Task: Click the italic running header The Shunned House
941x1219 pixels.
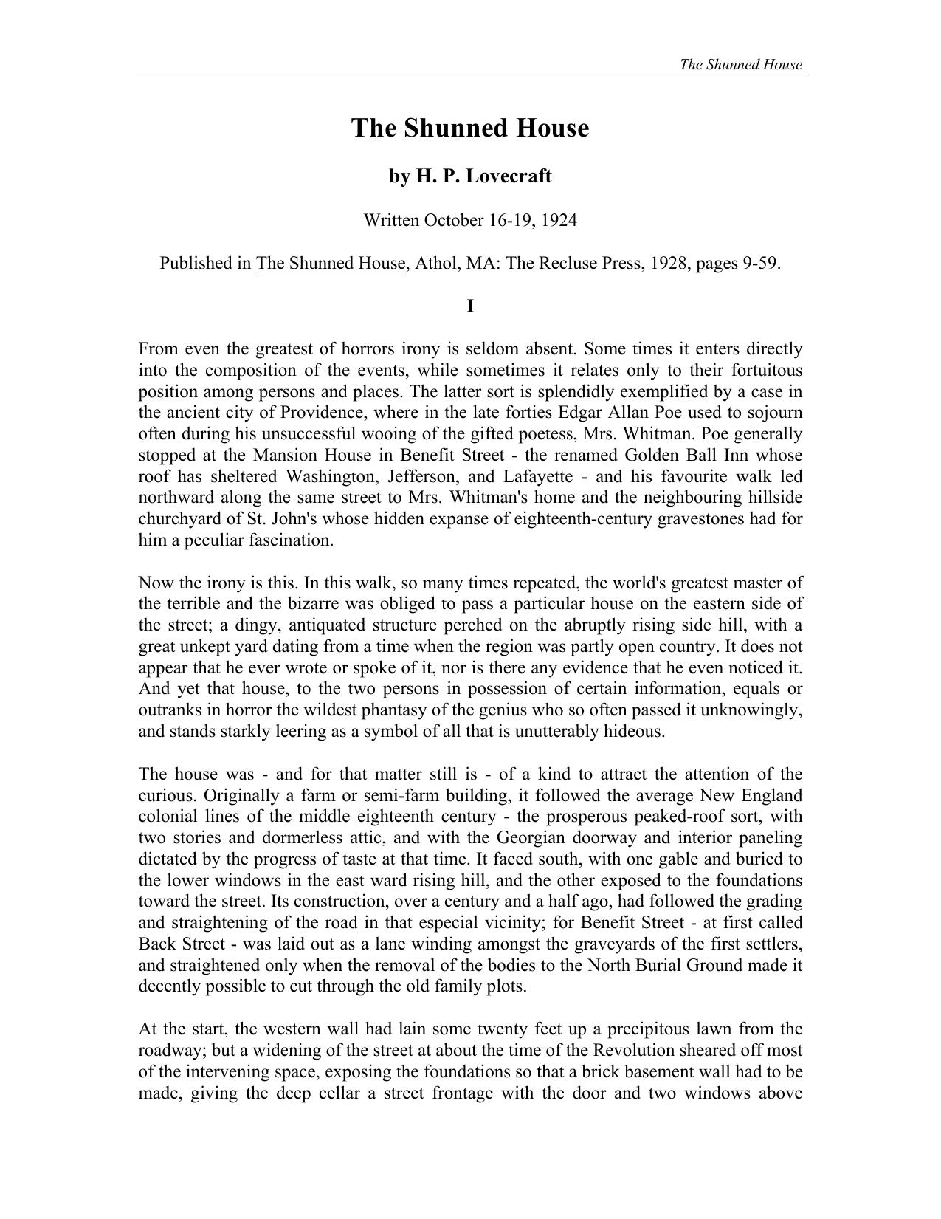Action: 740,64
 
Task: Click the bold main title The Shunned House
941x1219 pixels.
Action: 470,128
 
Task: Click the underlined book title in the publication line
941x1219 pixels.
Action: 331,264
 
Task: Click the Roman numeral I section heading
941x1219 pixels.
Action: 470,306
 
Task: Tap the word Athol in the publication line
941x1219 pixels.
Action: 437,264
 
